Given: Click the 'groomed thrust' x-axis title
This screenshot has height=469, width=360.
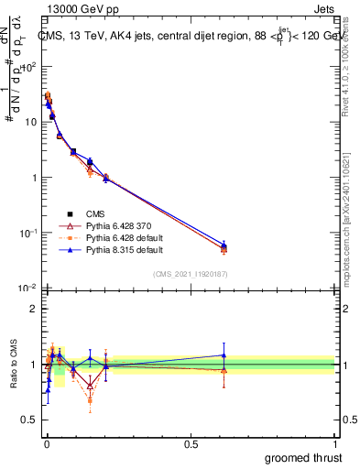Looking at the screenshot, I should (302, 456).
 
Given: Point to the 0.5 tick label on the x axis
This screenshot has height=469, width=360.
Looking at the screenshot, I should (191, 442).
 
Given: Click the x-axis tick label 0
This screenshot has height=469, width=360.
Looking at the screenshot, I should (46, 442).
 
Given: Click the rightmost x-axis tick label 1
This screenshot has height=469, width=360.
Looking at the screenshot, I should (335, 442).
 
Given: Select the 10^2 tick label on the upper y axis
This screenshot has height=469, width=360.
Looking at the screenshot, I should (27, 67).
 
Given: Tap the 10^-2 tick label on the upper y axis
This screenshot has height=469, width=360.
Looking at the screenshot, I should (27, 289).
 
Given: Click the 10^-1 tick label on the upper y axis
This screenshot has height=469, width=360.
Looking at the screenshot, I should (27, 234).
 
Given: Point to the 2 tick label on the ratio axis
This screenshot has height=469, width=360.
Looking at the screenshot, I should (33, 309).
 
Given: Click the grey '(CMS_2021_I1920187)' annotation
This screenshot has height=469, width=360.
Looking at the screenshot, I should (191, 274).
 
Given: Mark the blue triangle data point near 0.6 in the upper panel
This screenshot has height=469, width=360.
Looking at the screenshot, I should (224, 245).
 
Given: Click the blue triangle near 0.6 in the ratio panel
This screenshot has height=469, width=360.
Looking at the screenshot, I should (224, 355).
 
